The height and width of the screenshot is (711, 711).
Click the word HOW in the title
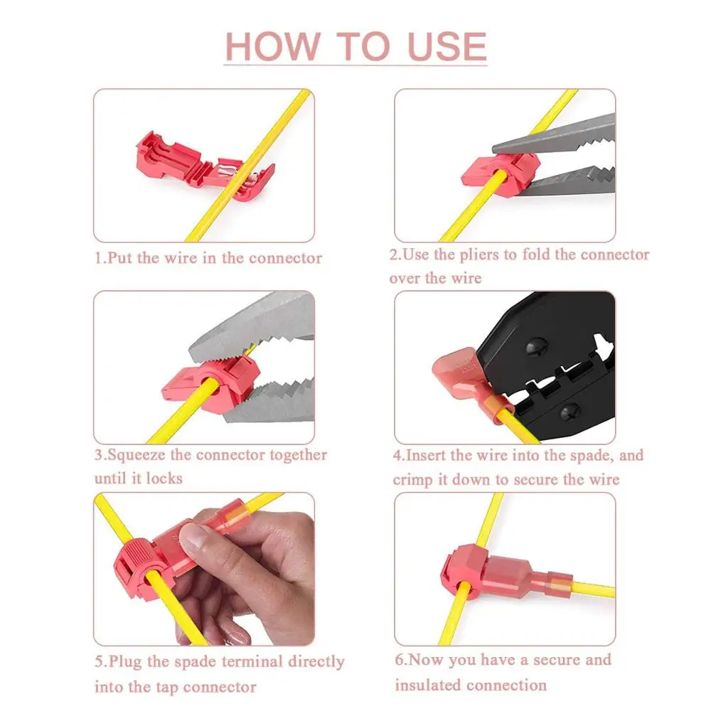(x=273, y=46)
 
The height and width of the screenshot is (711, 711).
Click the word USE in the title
(x=447, y=46)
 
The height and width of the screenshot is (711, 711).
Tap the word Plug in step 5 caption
(x=124, y=662)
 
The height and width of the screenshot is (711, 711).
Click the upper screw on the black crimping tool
(x=536, y=347)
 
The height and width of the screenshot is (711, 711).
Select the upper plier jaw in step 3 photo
(x=256, y=327)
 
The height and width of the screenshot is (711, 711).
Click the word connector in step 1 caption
(x=285, y=258)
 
